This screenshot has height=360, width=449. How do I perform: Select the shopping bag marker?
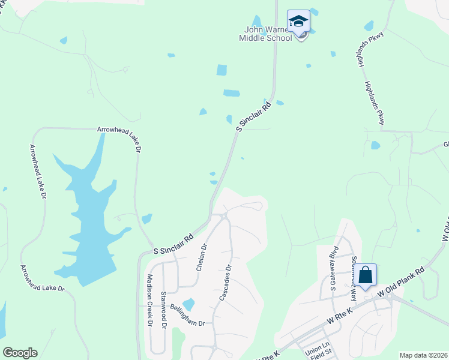366,276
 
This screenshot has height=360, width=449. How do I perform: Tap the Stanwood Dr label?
163,305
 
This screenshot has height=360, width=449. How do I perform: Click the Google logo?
20,353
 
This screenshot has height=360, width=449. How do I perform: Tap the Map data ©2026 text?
423,355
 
